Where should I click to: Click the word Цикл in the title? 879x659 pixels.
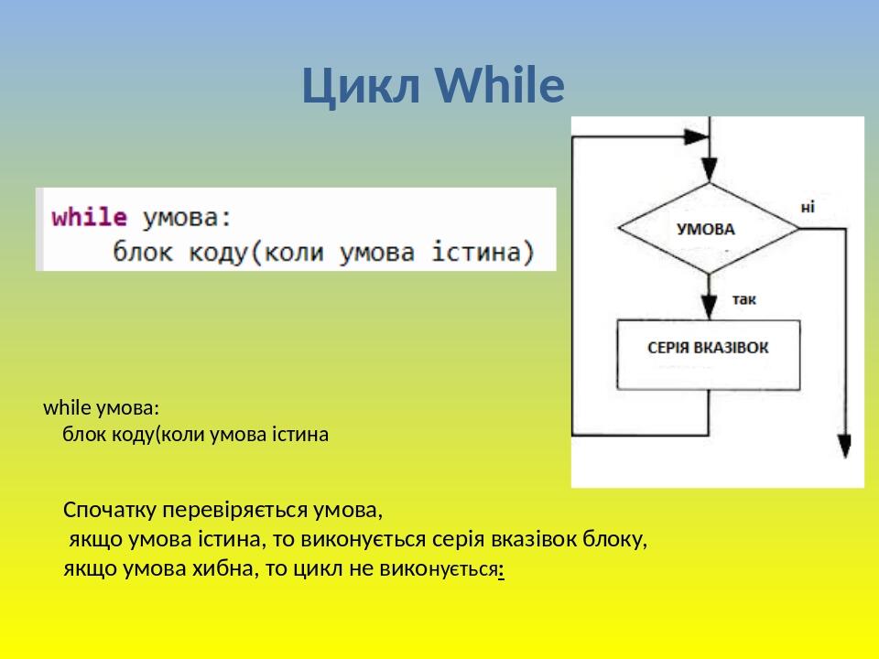tap(361, 86)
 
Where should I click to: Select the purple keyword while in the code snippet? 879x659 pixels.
tap(89, 217)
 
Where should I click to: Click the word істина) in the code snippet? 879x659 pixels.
tap(483, 253)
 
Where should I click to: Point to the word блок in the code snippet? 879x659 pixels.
tap(143, 252)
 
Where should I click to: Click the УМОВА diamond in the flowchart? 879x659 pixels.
tap(709, 228)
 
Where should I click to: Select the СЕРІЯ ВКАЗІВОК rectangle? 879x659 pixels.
tap(708, 355)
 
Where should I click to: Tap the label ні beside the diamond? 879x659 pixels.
tap(808, 208)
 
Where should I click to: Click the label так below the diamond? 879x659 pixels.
tap(743, 299)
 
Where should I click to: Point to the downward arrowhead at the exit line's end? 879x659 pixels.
tap(845, 447)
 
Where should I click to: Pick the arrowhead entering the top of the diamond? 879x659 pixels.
tap(709, 170)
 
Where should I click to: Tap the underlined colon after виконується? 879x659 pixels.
tap(501, 570)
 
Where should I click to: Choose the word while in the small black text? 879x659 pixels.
tap(63, 407)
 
